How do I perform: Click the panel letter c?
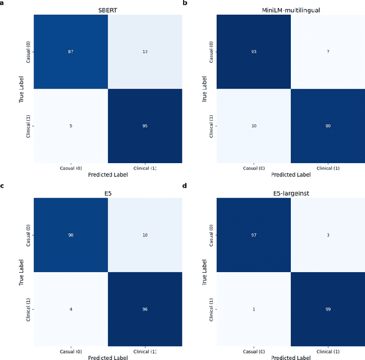click(3, 186)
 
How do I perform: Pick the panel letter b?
click(185, 3)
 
